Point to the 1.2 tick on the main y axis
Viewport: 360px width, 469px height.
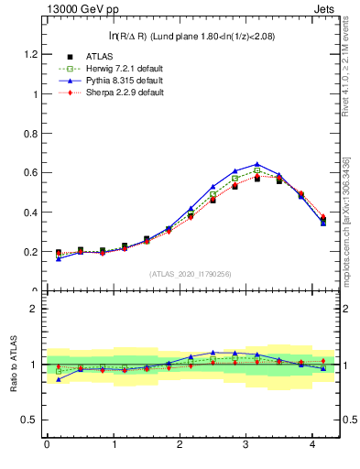pos(27,54)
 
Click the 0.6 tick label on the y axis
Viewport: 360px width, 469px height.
pos(27,173)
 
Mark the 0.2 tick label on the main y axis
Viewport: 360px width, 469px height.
pos(27,252)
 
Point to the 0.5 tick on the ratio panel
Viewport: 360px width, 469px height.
pos(27,420)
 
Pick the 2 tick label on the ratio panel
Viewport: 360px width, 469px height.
pos(32,309)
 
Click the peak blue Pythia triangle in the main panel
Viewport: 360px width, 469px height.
pos(256,164)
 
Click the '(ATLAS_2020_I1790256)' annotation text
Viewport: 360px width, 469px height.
pos(191,274)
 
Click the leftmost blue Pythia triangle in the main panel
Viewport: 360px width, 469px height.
pos(58,258)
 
